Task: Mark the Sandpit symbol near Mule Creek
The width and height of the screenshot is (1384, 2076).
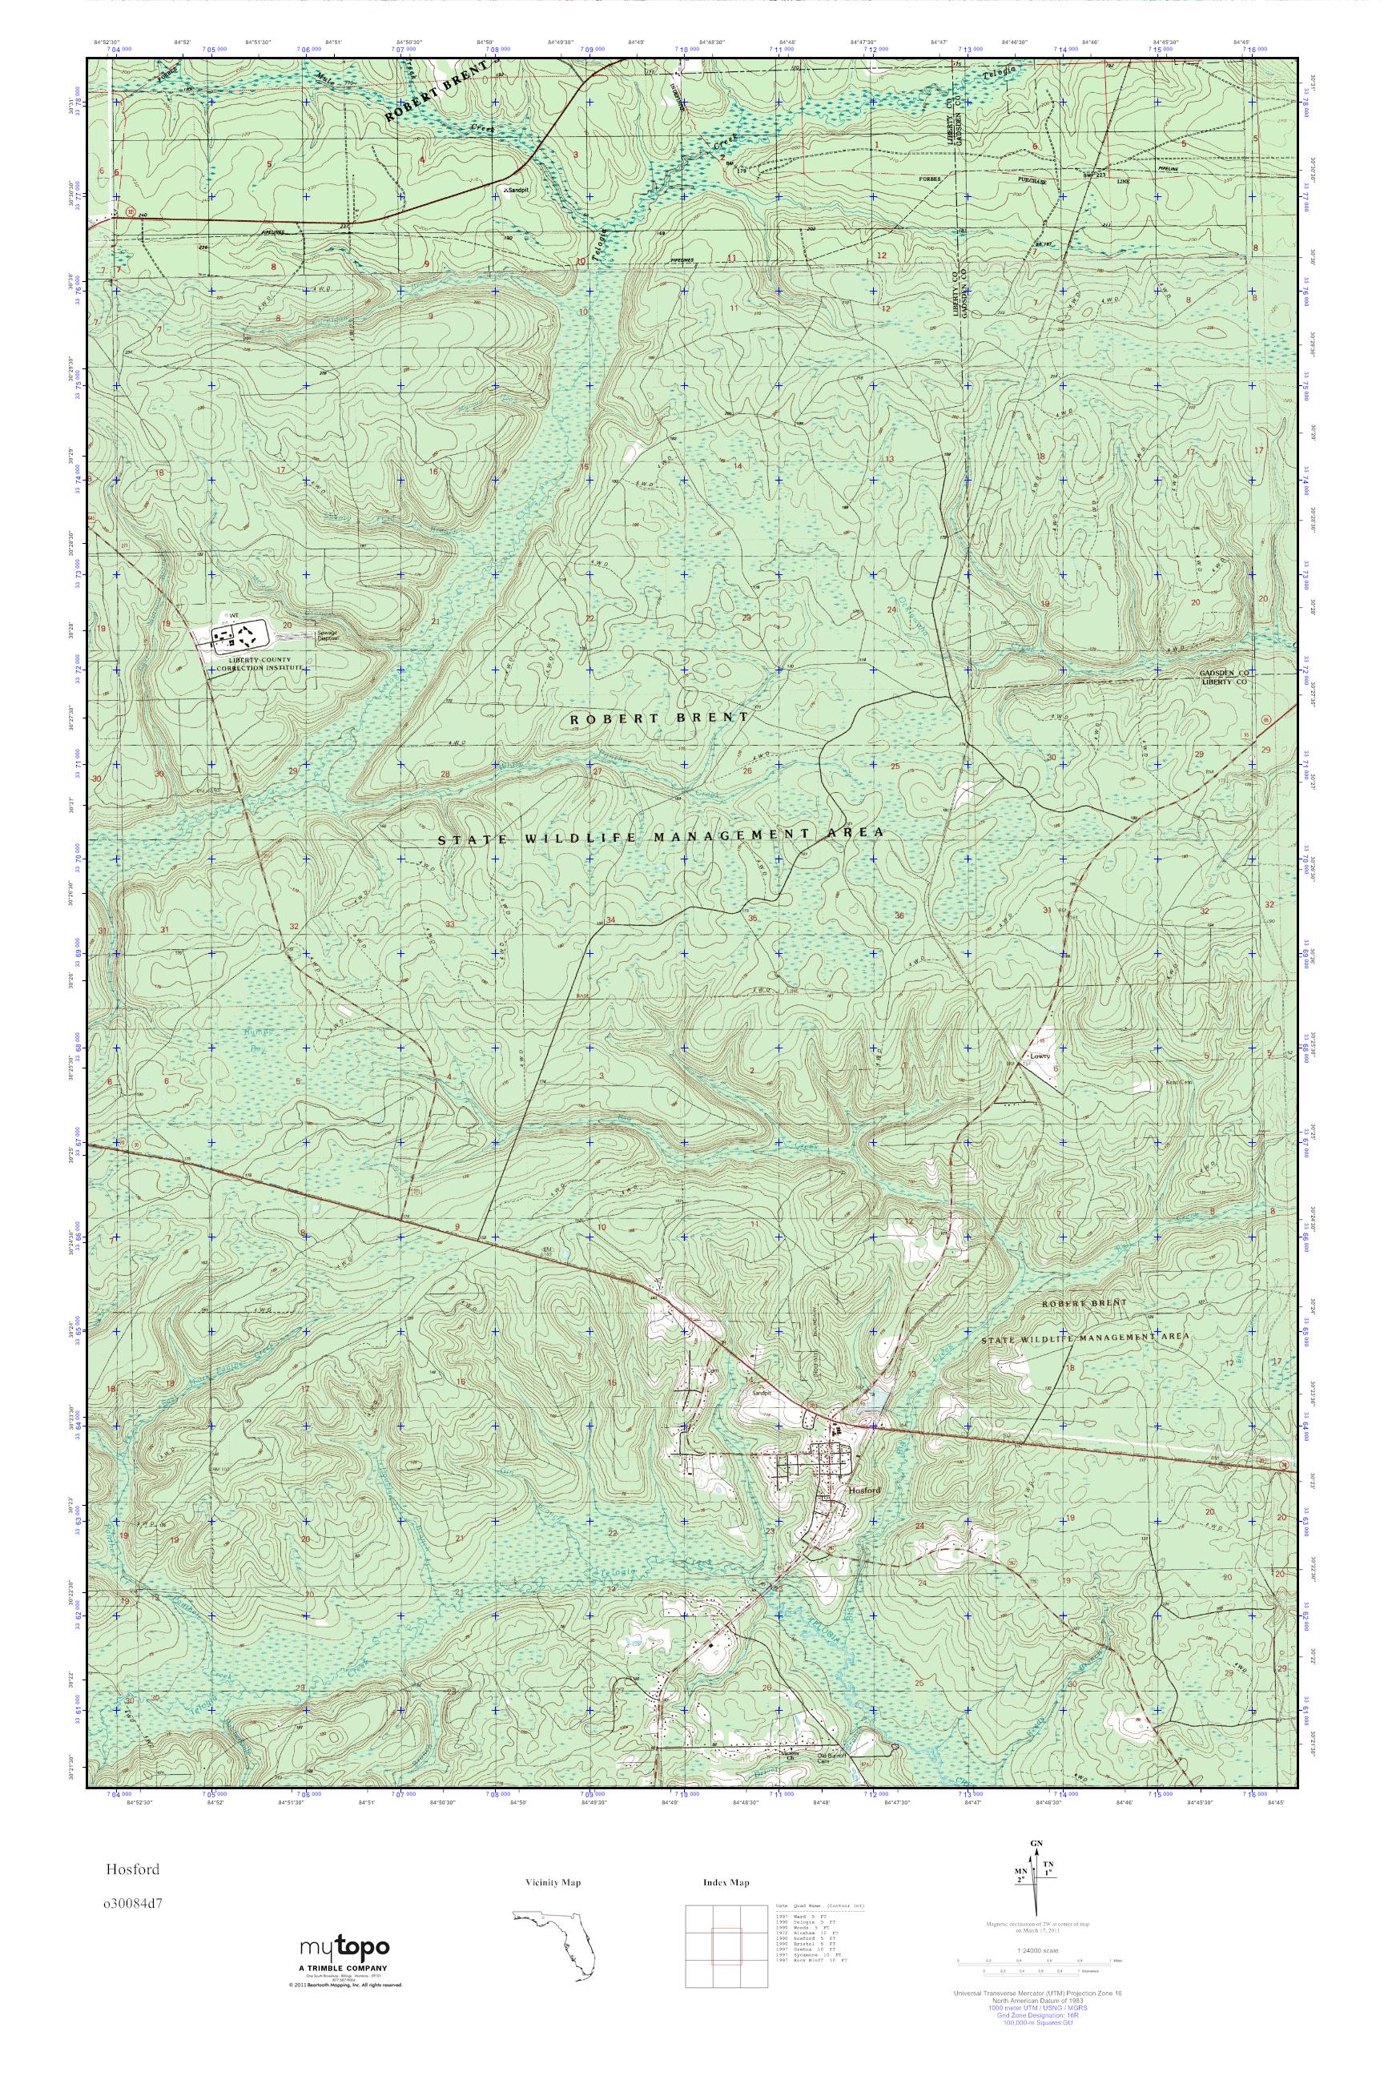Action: [511, 189]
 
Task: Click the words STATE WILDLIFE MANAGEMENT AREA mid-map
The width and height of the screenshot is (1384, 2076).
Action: [660, 836]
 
